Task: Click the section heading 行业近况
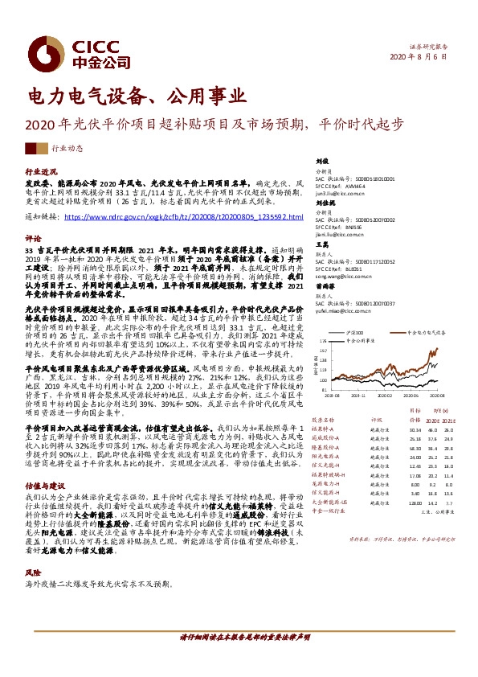click(x=42, y=172)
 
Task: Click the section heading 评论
click(x=34, y=239)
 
